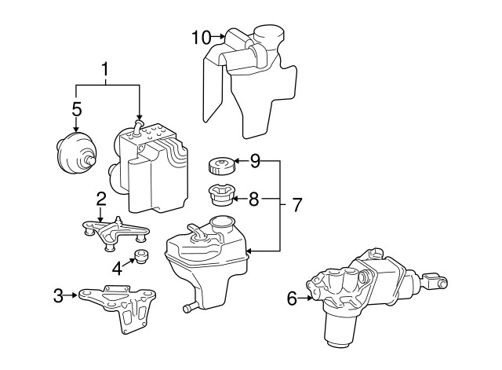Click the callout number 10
tap(202, 38)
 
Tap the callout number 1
tap(105, 69)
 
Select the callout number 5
tap(77, 109)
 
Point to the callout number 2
tap(101, 199)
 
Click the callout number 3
tap(58, 295)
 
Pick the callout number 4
tap(117, 269)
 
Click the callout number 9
tap(255, 161)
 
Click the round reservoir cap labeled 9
tap(221, 166)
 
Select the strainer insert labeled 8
tap(221, 196)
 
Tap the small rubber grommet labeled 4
tap(140, 257)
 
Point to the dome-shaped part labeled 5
tap(77, 152)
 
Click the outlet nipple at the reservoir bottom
tap(190, 307)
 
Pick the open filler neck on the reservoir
tap(220, 223)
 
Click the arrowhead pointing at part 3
tap(75, 295)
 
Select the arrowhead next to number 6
tap(309, 299)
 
